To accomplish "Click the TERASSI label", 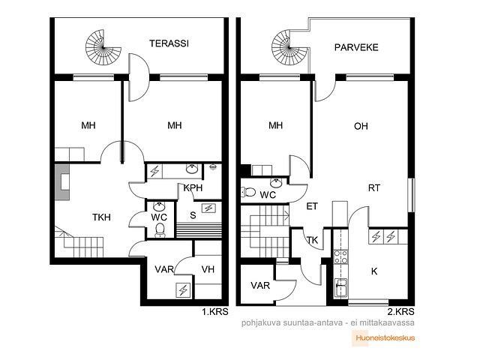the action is coord(169,43).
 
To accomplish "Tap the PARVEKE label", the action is coord(356,47).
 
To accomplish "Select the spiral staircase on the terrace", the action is coord(103,47).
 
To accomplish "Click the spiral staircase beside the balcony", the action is coord(289,47).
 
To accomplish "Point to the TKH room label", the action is coord(101,217).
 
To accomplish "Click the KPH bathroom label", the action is coord(193,187).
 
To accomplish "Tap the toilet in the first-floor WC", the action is coord(160,230).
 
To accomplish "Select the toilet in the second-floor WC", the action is coord(248,192).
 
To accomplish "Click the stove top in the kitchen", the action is coord(340,256).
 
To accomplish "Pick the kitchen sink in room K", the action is coord(340,287).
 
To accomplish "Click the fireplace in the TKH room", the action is coord(62,182).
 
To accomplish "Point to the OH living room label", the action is coord(361,126).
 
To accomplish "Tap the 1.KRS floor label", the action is coord(215,312).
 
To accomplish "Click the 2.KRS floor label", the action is coord(400,312).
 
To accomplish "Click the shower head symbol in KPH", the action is coord(212,167).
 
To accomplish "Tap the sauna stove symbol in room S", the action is coord(208,208).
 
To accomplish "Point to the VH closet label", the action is coord(208,269).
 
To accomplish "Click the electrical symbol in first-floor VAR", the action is coord(183,290).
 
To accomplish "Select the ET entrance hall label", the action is coord(312,207).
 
